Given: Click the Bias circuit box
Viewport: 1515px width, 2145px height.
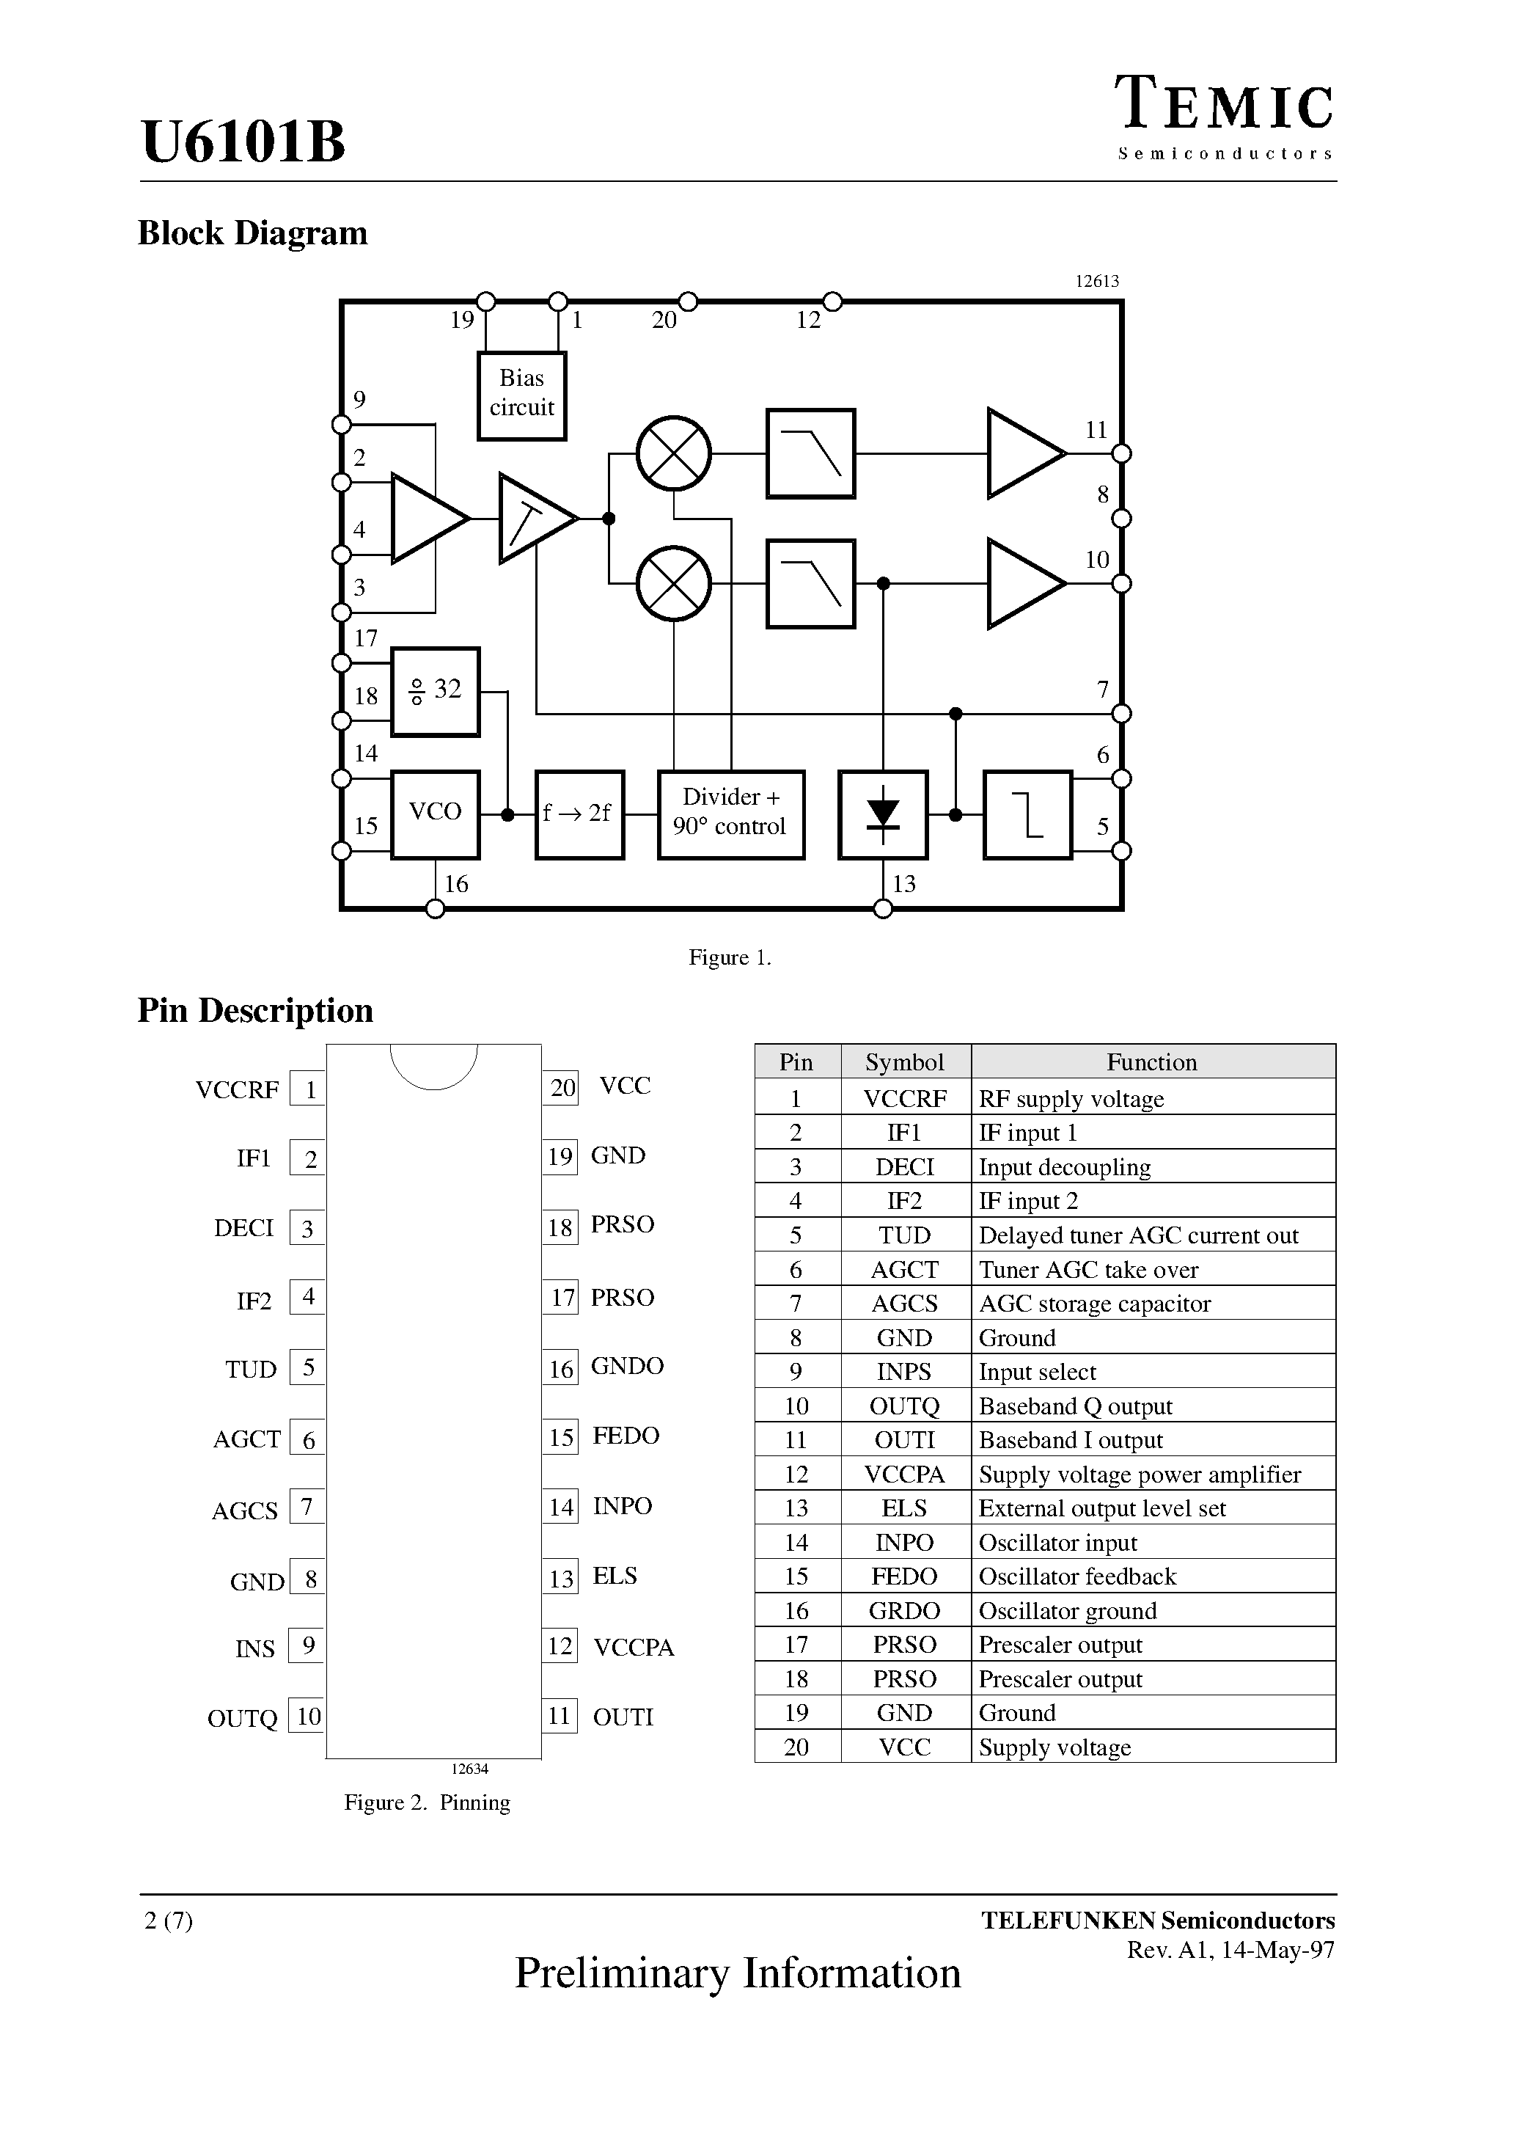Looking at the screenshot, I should coord(521,395).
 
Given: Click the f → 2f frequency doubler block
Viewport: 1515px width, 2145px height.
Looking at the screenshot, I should coord(579,814).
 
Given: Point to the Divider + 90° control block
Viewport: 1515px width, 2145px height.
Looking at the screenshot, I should coord(730,814).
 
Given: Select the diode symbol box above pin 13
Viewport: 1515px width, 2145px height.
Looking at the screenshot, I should coord(883,814).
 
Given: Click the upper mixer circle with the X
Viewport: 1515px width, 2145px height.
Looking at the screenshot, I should coord(673,453).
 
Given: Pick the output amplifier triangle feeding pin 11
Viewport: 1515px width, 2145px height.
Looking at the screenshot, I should coord(1023,453).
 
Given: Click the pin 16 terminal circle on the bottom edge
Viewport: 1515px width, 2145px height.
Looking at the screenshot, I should coord(436,908).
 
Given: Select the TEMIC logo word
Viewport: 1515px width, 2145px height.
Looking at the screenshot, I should coord(1224,105).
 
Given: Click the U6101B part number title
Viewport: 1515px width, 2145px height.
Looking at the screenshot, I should coord(243,142).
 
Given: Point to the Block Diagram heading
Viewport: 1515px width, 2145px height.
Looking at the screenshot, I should coord(252,233).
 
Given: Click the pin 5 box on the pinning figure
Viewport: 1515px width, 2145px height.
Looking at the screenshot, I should coord(307,1367).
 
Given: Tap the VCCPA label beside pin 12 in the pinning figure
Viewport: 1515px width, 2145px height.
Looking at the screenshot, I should coord(634,1647).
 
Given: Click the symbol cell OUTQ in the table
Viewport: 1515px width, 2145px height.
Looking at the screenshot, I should coord(904,1406).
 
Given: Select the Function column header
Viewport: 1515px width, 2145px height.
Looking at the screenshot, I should coord(1152,1061).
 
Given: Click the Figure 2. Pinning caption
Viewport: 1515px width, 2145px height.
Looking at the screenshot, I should coord(427,1802).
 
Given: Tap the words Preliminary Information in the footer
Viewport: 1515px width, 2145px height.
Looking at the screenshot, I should coord(738,1973).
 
